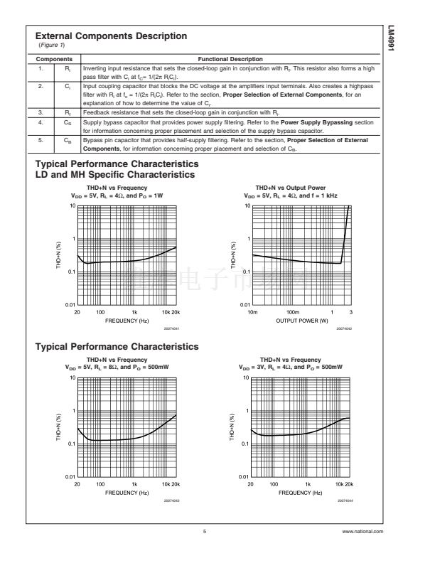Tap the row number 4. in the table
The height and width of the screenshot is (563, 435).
[x=41, y=122]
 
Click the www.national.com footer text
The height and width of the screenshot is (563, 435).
[x=362, y=531]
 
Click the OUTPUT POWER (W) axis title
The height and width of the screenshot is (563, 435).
[x=302, y=321]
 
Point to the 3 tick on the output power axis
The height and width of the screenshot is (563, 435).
[x=350, y=313]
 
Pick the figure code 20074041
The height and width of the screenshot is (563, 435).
[x=169, y=329]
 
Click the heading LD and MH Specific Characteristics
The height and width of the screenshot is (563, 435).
[x=115, y=174]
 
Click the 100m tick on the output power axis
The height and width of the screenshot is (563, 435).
[x=291, y=313]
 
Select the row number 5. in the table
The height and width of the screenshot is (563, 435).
[x=41, y=141]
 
